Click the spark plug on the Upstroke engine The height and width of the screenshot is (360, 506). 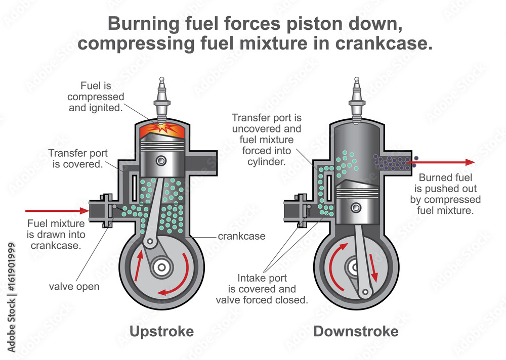pyautogui.click(x=161, y=99)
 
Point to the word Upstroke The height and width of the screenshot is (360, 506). pyautogui.click(x=161, y=332)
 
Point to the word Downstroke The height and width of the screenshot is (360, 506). pyautogui.click(x=356, y=332)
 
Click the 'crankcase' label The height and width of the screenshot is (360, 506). pyautogui.click(x=241, y=236)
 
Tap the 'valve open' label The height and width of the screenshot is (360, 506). pyautogui.click(x=74, y=287)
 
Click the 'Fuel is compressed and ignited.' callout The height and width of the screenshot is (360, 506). pyautogui.click(x=96, y=97)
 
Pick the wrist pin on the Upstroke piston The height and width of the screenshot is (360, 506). pyautogui.click(x=161, y=161)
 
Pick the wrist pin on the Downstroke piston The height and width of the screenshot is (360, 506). pyautogui.click(x=357, y=207)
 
